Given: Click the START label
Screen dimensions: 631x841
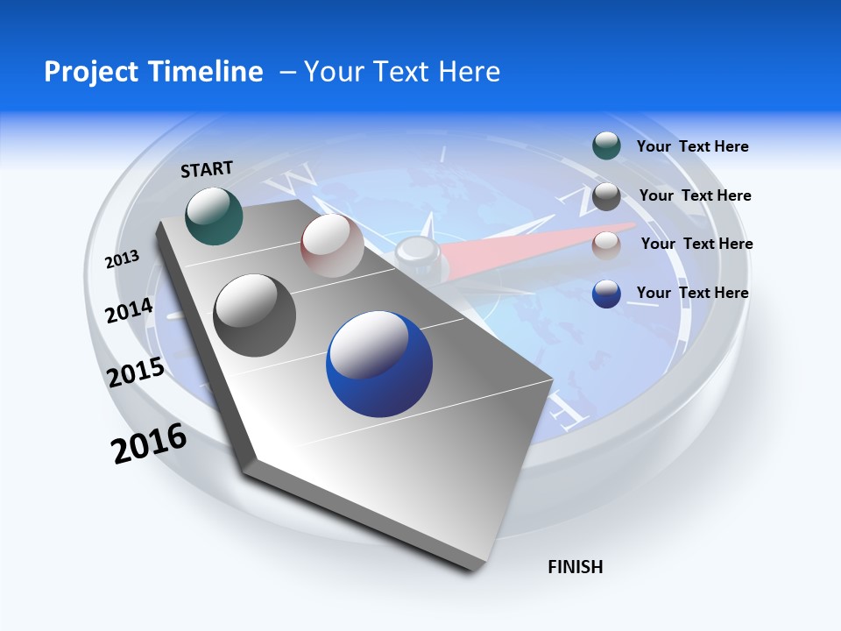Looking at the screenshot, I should point(207,169).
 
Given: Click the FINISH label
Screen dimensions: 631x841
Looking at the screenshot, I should point(575,567).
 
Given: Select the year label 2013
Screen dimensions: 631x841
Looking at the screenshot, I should point(122,259).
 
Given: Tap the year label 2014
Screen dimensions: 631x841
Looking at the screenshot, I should point(129,311).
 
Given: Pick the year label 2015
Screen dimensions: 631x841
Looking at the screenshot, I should point(136,373).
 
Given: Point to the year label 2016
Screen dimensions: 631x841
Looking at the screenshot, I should point(149,443).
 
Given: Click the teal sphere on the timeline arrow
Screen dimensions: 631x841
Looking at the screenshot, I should point(215,216).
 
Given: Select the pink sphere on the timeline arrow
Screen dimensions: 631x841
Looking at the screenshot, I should point(332,245).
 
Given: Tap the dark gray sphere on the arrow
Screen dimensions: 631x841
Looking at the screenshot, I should point(255,315).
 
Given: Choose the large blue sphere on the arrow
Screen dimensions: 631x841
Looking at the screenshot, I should point(379,364).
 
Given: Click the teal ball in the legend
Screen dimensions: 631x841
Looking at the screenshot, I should point(606,146).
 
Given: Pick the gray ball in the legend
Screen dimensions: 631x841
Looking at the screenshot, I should point(606,196).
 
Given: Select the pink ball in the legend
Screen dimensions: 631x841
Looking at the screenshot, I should point(606,245).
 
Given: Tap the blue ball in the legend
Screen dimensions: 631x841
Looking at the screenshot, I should point(606,294).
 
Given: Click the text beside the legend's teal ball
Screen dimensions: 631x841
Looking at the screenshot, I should point(692,146).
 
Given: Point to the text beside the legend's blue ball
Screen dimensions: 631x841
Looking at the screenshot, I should point(692,293).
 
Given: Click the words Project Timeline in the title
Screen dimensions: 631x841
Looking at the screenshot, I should point(153,71).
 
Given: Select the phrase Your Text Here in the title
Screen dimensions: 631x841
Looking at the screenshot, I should point(401,71).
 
